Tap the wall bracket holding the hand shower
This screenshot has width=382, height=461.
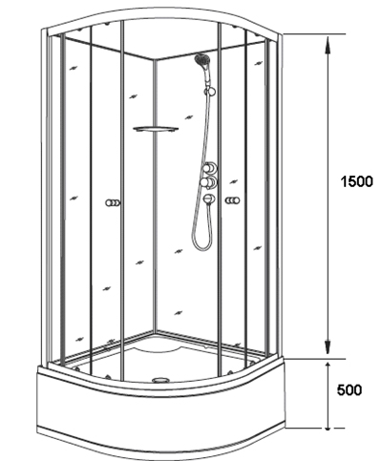[x=210, y=92]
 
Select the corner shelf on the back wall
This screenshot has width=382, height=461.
[x=156, y=129]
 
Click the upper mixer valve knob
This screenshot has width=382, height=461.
[x=209, y=168]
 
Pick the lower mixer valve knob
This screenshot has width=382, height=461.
[x=209, y=182]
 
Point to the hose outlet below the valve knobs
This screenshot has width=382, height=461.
[x=209, y=199]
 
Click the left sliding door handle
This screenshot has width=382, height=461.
[x=113, y=202]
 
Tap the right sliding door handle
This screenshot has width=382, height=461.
[x=233, y=200]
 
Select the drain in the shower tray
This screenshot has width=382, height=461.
[x=161, y=380]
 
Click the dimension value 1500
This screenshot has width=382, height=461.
[x=356, y=181]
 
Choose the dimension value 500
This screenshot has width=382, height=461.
[x=350, y=390]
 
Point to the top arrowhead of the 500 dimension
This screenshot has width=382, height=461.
[x=328, y=365]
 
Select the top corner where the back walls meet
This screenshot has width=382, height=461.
[x=153, y=59]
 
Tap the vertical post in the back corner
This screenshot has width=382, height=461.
[x=155, y=195]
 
